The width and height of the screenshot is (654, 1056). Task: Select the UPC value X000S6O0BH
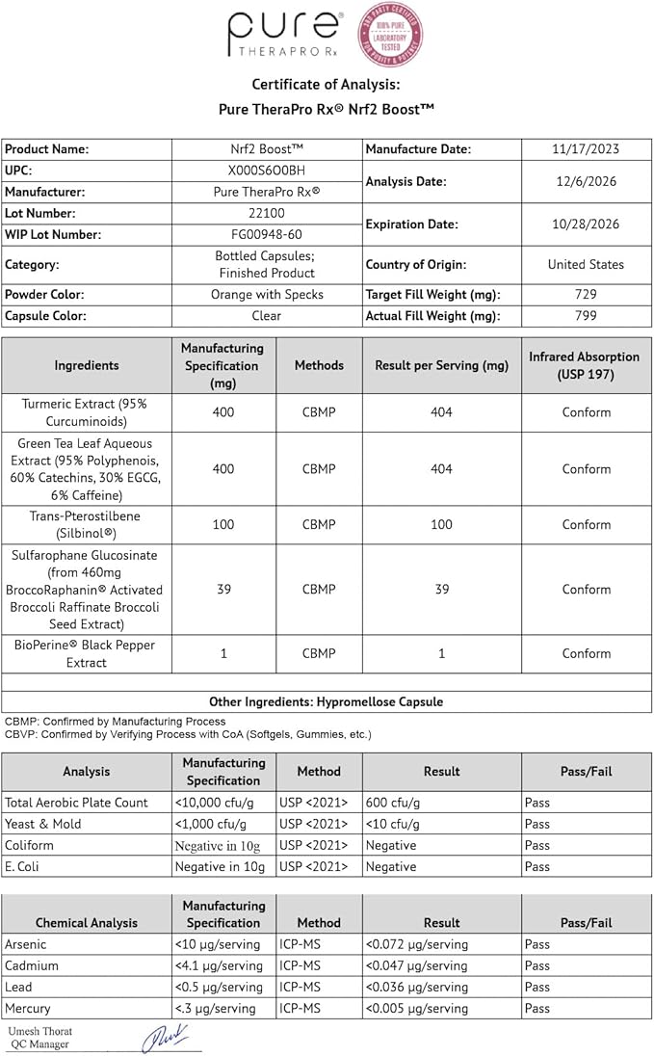pyautogui.click(x=266, y=171)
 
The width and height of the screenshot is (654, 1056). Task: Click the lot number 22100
pyautogui.click(x=266, y=213)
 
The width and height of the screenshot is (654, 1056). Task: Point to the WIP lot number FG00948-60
pyautogui.click(x=266, y=234)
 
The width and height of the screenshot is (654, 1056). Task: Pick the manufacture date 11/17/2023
pyautogui.click(x=585, y=149)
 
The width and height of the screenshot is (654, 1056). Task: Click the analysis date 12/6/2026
pyautogui.click(x=585, y=181)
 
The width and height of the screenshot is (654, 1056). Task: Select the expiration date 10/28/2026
pyautogui.click(x=585, y=224)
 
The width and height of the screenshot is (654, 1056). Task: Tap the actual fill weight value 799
pyautogui.click(x=585, y=315)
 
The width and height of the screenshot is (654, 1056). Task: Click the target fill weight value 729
pyautogui.click(x=585, y=294)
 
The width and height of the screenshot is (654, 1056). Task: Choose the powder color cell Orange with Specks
pyautogui.click(x=266, y=294)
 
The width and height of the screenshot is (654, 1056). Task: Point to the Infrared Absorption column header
pyautogui.click(x=585, y=365)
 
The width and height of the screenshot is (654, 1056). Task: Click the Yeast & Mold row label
pyautogui.click(x=43, y=824)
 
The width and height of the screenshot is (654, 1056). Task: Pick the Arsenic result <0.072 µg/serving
pyautogui.click(x=417, y=944)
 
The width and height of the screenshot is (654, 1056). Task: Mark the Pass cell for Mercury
pyautogui.click(x=537, y=1008)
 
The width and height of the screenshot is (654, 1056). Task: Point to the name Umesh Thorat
pyautogui.click(x=40, y=1031)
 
